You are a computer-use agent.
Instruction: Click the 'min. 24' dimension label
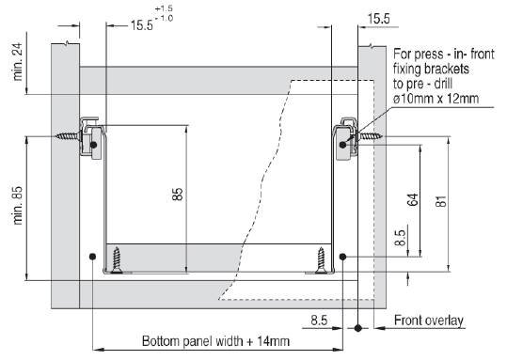[x=17, y=62]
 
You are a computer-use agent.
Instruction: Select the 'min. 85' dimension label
[x=17, y=205]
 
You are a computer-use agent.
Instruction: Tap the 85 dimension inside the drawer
[x=178, y=195]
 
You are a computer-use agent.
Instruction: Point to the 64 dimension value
[x=413, y=199]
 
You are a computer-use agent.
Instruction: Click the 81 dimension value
[x=441, y=201]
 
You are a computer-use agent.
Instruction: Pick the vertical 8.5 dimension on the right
[x=400, y=238]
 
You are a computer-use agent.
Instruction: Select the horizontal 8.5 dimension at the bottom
[x=319, y=321]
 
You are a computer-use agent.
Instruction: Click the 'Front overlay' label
[x=429, y=321]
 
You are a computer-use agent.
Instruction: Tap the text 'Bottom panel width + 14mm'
[x=215, y=341]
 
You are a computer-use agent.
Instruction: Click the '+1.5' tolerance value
[x=164, y=8]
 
